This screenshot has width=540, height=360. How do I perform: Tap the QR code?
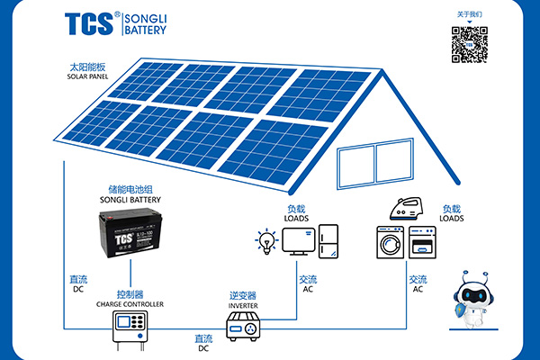tap(469, 44)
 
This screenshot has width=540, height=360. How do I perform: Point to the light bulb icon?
tap(266, 241)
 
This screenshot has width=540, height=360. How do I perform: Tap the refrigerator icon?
tap(328, 241)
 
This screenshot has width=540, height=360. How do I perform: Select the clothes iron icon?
tap(406, 208)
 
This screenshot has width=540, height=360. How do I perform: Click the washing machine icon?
tap(390, 243)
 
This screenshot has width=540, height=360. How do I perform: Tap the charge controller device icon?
tap(129, 332)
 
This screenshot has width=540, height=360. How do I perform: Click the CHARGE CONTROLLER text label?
tap(130, 304)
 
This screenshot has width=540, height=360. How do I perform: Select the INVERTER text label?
tap(243, 305)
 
